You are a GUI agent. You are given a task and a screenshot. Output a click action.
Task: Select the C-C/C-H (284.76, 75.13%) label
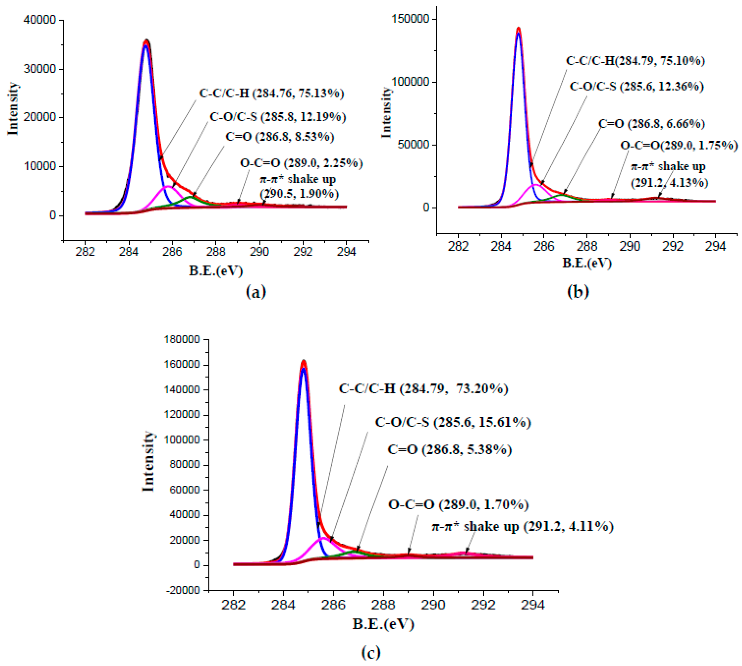[x=271, y=93]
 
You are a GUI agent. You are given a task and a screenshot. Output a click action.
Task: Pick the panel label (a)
[x=256, y=292]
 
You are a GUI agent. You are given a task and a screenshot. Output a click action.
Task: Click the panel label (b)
[x=578, y=292]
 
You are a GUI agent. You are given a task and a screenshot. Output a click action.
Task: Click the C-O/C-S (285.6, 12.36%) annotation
[x=636, y=86]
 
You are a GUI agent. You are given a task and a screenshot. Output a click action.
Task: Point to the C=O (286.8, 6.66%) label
[x=651, y=124]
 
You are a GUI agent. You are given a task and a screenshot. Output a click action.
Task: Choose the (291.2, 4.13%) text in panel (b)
[x=669, y=182]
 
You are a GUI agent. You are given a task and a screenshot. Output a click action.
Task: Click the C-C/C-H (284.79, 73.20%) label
[x=423, y=388]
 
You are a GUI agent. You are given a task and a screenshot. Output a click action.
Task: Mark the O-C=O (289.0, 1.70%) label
[x=458, y=505]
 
